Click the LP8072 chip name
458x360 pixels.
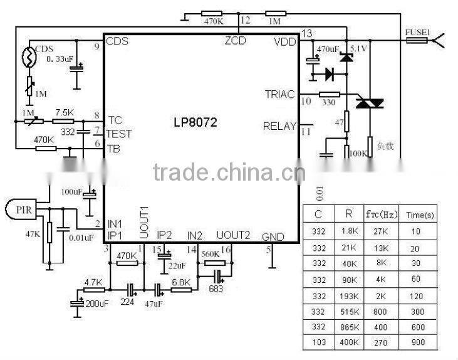pos(195,122)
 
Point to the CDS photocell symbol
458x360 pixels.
pos(29,58)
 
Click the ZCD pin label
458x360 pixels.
pos(236,41)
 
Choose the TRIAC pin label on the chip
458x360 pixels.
pos(279,94)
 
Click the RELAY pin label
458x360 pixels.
pos(279,126)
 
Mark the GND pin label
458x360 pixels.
pos(273,237)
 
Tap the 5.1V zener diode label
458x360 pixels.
pos(358,48)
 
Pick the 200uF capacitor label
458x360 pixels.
pos(96,304)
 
